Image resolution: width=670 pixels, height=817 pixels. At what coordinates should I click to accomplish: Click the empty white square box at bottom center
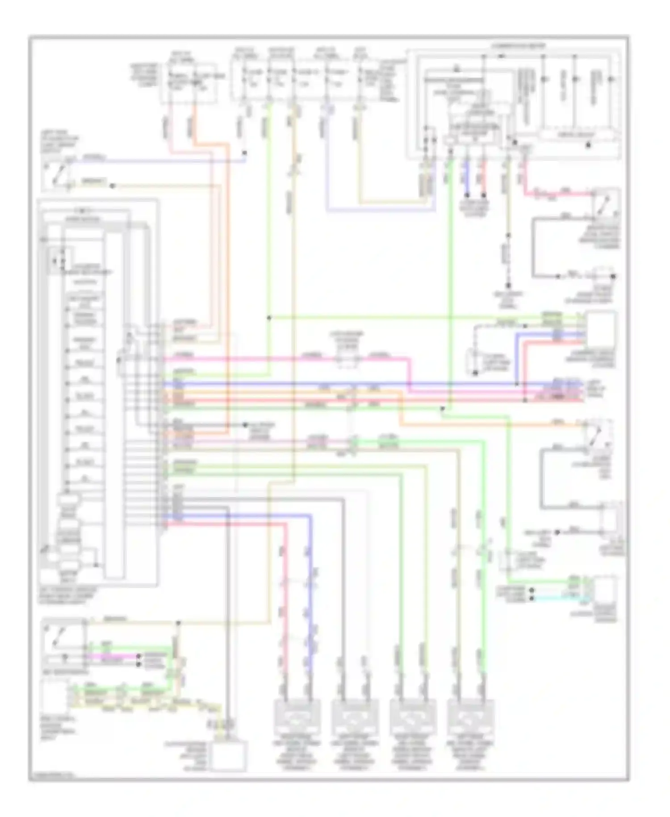230,756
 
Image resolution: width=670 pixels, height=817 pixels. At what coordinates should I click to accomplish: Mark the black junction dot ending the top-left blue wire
245,153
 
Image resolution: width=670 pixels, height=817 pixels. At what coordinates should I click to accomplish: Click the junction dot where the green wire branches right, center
269,318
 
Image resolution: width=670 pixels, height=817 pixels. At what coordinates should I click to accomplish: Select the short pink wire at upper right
558,194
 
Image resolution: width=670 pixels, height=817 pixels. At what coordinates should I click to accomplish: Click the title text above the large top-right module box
518,46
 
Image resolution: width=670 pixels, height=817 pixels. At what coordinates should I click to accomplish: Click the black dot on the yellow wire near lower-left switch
178,623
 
